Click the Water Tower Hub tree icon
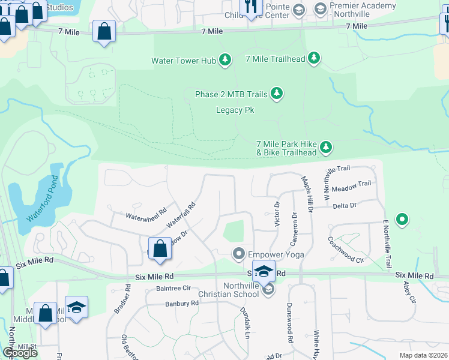(x=225, y=60)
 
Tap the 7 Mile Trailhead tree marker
(x=313, y=58)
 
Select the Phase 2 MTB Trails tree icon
(x=276, y=94)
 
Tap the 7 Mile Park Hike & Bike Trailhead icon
(x=326, y=147)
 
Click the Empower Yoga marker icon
(x=239, y=254)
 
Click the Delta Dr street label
(x=345, y=206)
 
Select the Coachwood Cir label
(x=346, y=250)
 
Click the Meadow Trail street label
(x=356, y=185)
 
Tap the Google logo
(x=19, y=353)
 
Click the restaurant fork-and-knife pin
(x=251, y=6)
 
